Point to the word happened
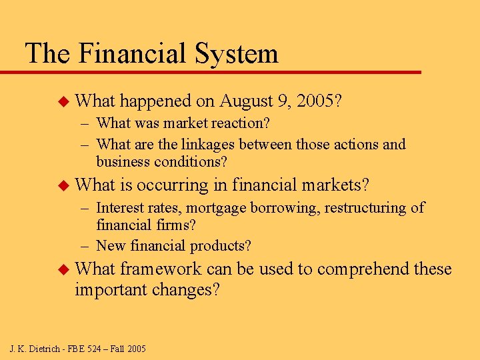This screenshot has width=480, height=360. (156, 101)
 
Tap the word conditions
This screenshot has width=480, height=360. (193, 162)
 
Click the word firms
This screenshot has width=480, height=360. (168, 226)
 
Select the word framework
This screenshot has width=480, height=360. (161, 269)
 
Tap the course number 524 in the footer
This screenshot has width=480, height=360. (91, 348)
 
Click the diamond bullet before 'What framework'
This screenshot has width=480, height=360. (64, 269)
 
